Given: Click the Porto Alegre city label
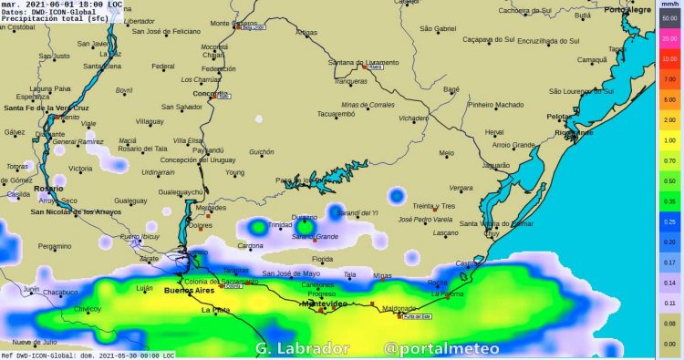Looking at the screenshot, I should (628, 9).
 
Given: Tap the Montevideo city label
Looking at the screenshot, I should (326, 303).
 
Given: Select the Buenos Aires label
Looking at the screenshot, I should (187, 291).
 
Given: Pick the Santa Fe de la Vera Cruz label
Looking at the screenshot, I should (47, 108).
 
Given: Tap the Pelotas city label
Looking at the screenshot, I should (559, 116).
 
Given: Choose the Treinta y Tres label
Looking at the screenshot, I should (433, 206).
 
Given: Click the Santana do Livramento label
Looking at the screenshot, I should (363, 62).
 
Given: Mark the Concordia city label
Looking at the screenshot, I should (211, 93).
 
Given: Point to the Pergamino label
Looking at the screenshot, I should (54, 246).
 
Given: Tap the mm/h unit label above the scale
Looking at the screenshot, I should (668, 5).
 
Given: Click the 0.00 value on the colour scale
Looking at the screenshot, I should (669, 343).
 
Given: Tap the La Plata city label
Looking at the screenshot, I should (216, 310).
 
